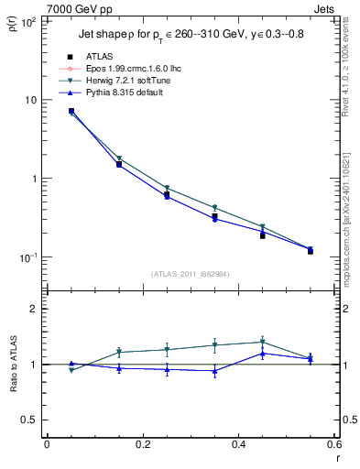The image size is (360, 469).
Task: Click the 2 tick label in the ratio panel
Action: [35, 309]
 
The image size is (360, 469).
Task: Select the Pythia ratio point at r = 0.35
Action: [214, 371]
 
